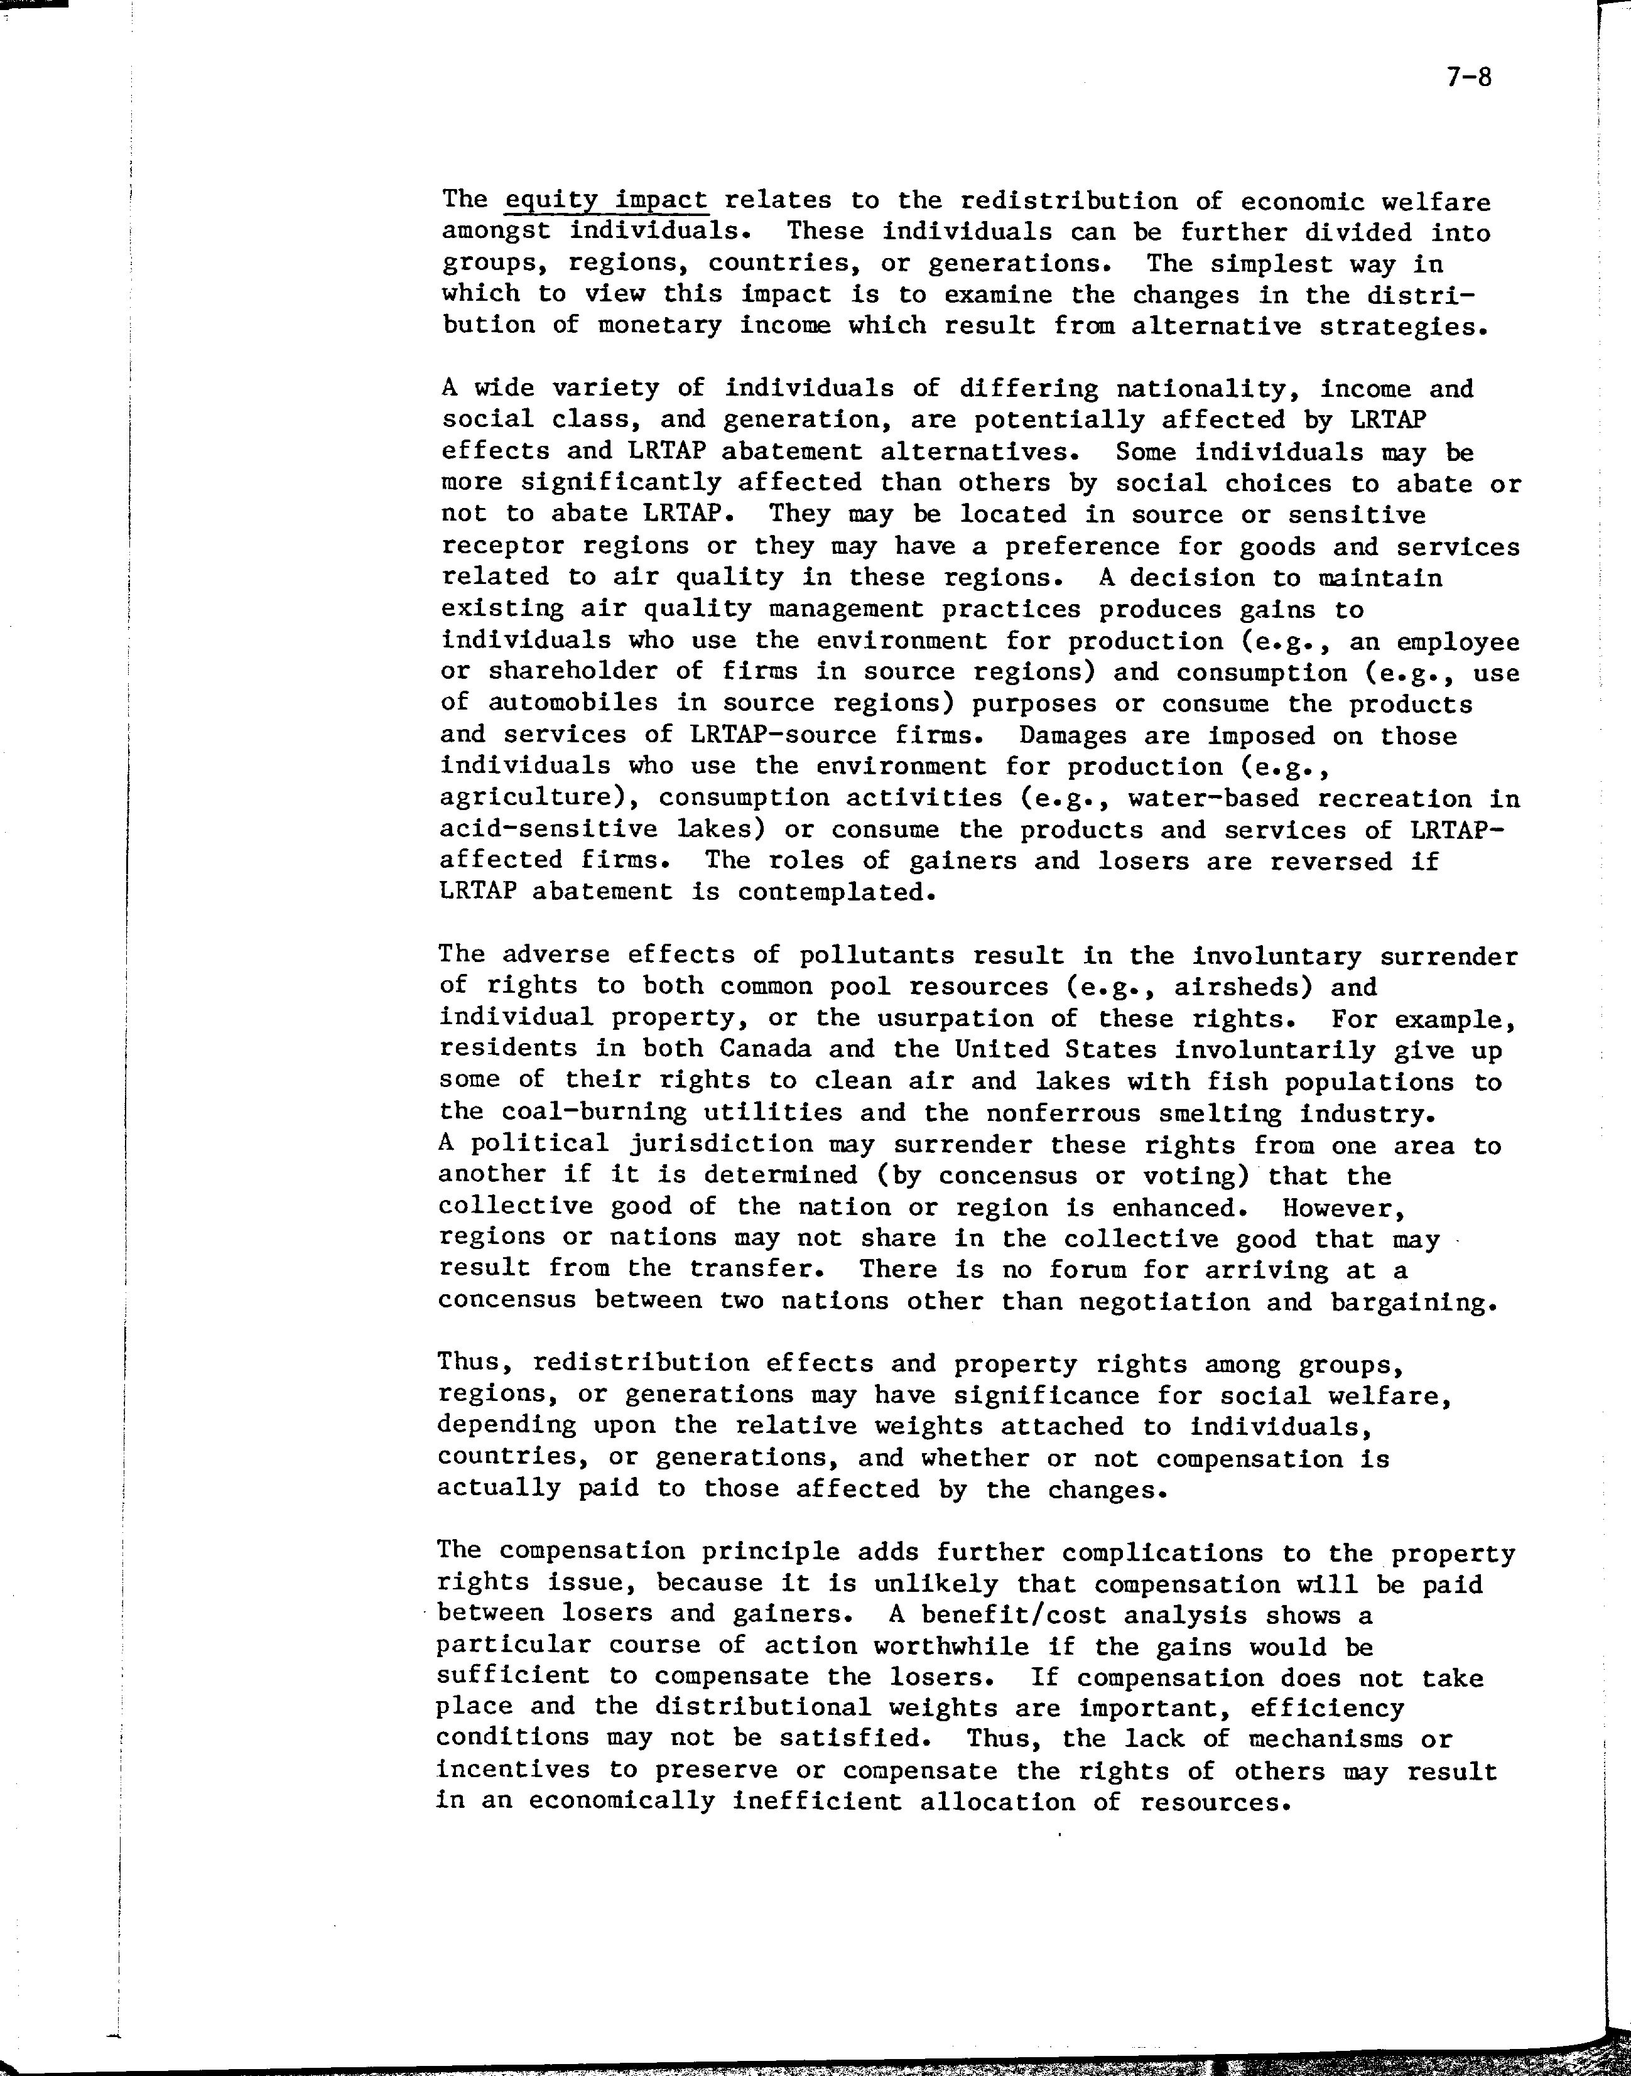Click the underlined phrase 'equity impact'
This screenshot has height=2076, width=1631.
pyautogui.click(x=607, y=200)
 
